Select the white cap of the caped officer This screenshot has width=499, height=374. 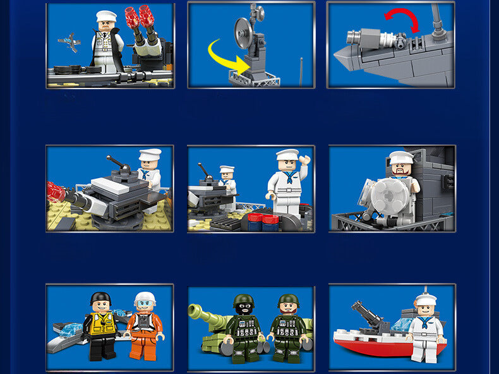point(106,16)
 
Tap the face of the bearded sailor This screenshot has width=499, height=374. point(401,171)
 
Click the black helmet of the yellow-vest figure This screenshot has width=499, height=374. point(100,298)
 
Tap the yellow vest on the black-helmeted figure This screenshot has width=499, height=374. point(102,323)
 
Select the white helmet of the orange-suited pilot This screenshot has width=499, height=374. point(145,298)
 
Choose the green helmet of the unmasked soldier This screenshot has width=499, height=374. point(289,300)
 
